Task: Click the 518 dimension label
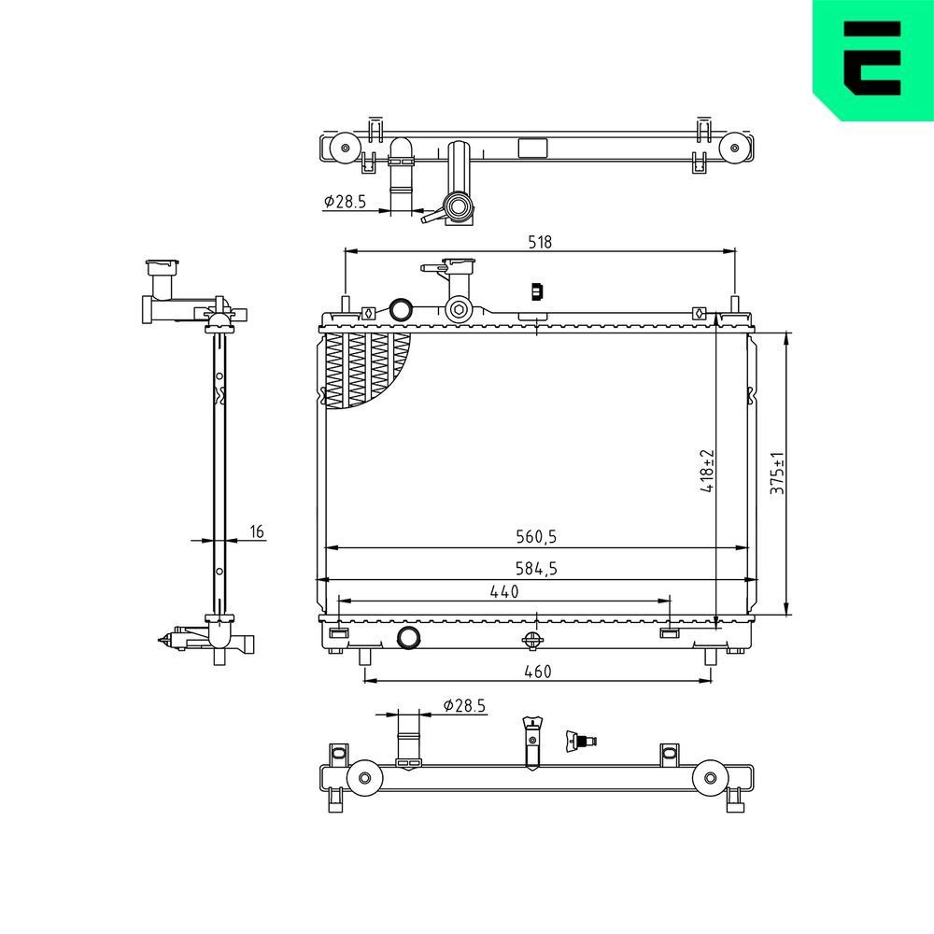coord(539,241)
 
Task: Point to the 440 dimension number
coord(503,590)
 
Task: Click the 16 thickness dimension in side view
coord(257,531)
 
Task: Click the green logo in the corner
coord(872,58)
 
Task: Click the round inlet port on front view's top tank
coord(400,309)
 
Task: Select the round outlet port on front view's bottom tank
coord(408,638)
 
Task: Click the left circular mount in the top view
coord(342,147)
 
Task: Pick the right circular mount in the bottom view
coord(709,777)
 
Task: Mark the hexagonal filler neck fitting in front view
coord(459,310)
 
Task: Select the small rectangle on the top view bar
coord(533,147)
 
